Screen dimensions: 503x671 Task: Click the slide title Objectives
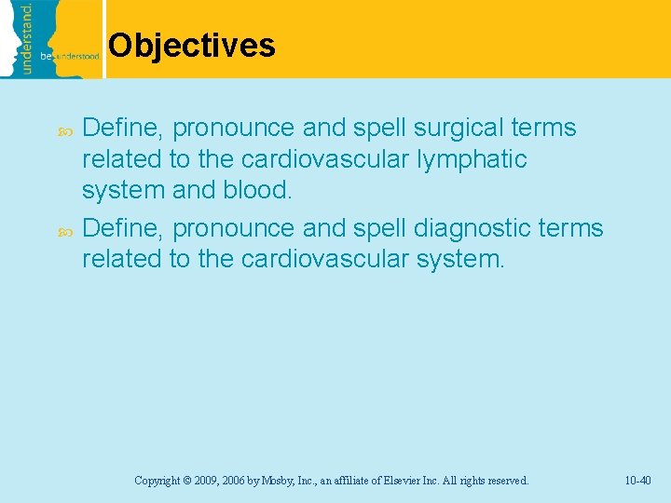click(x=191, y=45)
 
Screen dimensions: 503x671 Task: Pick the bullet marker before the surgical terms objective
click(x=64, y=129)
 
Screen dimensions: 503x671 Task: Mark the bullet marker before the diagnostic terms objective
click(x=64, y=228)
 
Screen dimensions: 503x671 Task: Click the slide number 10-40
click(x=638, y=481)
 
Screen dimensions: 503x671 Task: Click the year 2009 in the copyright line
click(x=205, y=481)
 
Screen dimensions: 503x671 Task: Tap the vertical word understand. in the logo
click(x=27, y=37)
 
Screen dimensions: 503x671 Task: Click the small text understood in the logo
click(x=81, y=57)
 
